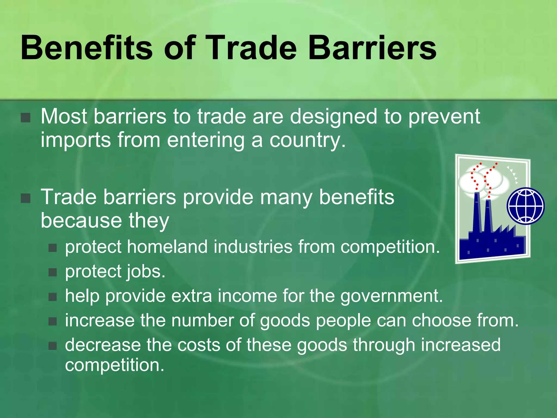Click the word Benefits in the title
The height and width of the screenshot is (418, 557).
click(86, 48)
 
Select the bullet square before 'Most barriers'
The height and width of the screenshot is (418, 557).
click(26, 118)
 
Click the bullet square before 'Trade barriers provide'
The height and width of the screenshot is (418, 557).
click(26, 198)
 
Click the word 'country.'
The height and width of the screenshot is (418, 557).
click(307, 140)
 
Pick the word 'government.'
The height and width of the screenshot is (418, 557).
click(392, 296)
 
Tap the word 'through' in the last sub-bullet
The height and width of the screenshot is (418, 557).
click(383, 345)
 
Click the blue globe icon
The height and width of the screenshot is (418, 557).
click(525, 206)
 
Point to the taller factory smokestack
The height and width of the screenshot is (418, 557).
click(477, 212)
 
